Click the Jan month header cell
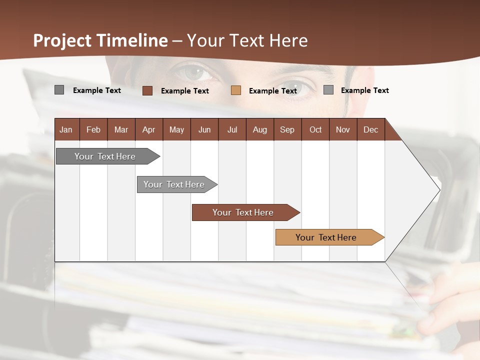point(66,129)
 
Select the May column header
point(176,129)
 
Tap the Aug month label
point(259,129)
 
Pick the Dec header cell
point(370,129)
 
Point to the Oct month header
point(315,129)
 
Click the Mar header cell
point(121,129)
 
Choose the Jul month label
point(232,129)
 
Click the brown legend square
point(147,90)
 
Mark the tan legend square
point(236,90)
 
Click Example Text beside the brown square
point(185,91)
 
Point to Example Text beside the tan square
point(273,91)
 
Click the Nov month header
point(343,129)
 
